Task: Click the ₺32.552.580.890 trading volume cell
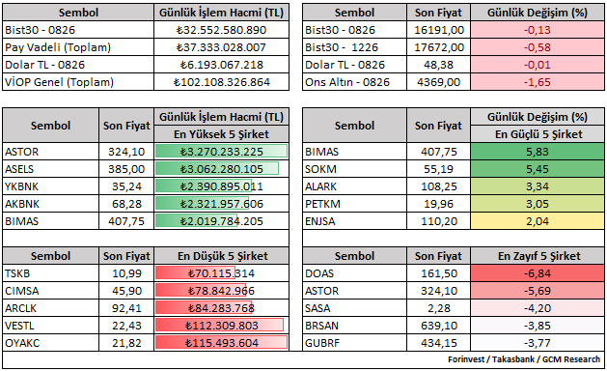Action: [x=221, y=30]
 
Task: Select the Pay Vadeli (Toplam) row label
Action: [x=58, y=47]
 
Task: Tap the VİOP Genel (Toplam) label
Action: [x=59, y=82]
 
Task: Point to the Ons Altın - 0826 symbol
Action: [x=347, y=82]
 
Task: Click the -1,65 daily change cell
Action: [x=538, y=82]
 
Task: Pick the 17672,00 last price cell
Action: [x=439, y=47]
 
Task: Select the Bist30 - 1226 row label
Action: [x=342, y=47]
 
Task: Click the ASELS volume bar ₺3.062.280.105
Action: [x=217, y=169]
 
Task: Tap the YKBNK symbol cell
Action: [x=51, y=186]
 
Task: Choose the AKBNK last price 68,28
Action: [x=126, y=204]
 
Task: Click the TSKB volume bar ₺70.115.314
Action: [x=196, y=273]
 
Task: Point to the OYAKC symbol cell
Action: [x=51, y=343]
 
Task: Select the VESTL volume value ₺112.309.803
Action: [x=221, y=326]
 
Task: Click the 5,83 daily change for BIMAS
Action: [x=538, y=152]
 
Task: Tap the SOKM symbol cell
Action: [x=354, y=169]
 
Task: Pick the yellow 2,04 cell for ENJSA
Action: [x=538, y=221]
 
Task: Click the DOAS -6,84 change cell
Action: [x=538, y=273]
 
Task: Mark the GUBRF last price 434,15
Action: [x=439, y=343]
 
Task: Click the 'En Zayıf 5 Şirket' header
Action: [x=538, y=256]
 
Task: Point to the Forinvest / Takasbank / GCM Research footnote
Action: [x=524, y=359]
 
